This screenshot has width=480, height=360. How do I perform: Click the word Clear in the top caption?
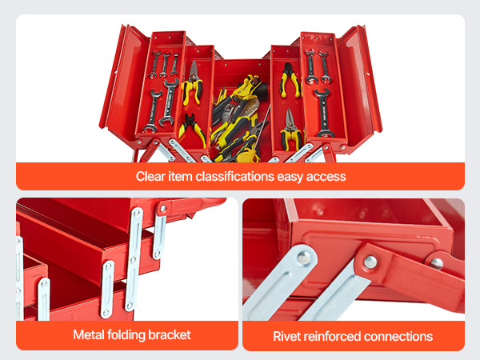tap(150, 176)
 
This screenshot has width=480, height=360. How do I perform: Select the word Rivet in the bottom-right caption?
tap(288, 336)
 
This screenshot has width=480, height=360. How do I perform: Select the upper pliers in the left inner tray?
tap(191, 84)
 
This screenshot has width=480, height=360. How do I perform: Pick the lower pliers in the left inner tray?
tap(191, 128)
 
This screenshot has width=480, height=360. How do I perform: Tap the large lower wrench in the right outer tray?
tap(324, 112)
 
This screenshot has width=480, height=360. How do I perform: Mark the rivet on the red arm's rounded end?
tap(370, 262)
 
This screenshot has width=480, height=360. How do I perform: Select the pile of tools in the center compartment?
tap(238, 120)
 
